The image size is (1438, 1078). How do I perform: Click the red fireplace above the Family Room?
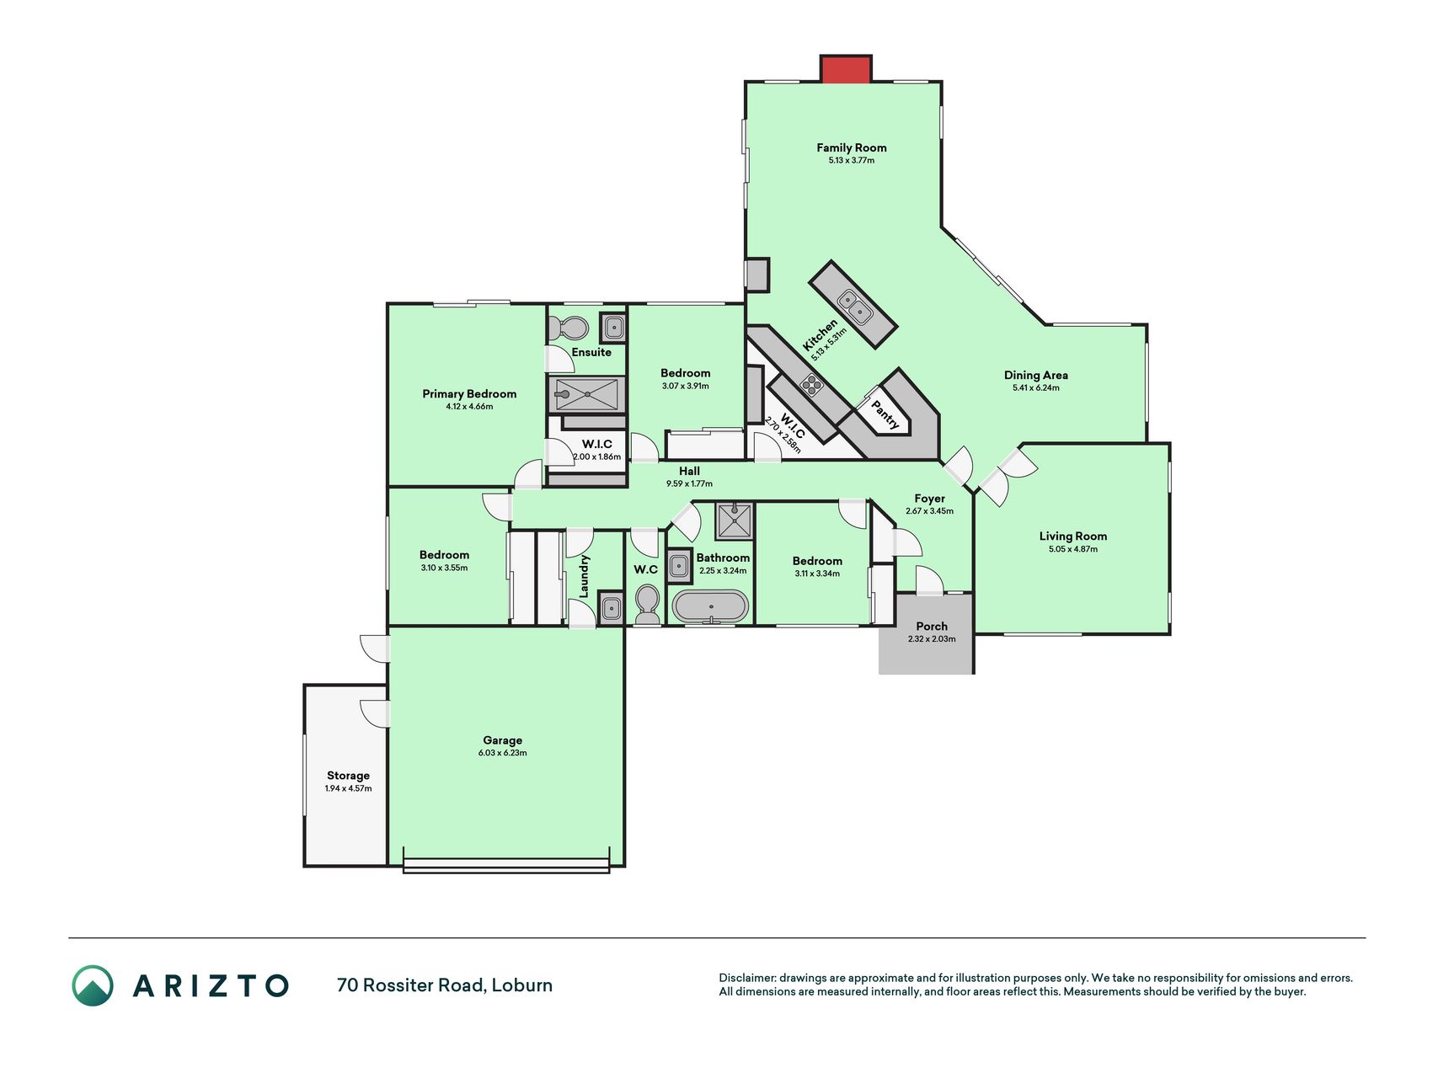(x=846, y=69)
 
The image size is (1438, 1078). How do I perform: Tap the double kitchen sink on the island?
(x=853, y=306)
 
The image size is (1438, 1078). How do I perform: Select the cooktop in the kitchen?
(x=811, y=385)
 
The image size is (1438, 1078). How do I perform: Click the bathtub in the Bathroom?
(x=710, y=606)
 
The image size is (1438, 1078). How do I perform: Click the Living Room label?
(x=1072, y=536)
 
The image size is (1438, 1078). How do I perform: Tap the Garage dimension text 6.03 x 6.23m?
(x=502, y=753)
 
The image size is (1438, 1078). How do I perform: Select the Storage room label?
(x=348, y=776)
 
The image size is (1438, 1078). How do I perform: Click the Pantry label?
(x=885, y=414)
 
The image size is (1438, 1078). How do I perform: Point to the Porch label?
(x=932, y=627)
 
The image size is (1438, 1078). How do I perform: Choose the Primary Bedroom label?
(x=469, y=394)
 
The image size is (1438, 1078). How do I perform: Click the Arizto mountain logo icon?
(x=93, y=985)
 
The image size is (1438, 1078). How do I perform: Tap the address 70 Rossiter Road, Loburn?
(x=445, y=985)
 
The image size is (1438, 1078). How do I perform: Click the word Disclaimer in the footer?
(x=746, y=978)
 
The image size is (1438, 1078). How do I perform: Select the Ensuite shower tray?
(x=587, y=394)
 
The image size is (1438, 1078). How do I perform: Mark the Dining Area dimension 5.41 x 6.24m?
(x=1035, y=388)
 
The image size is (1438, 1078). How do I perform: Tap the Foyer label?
(x=930, y=499)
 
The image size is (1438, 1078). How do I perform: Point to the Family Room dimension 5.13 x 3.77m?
(x=851, y=160)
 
